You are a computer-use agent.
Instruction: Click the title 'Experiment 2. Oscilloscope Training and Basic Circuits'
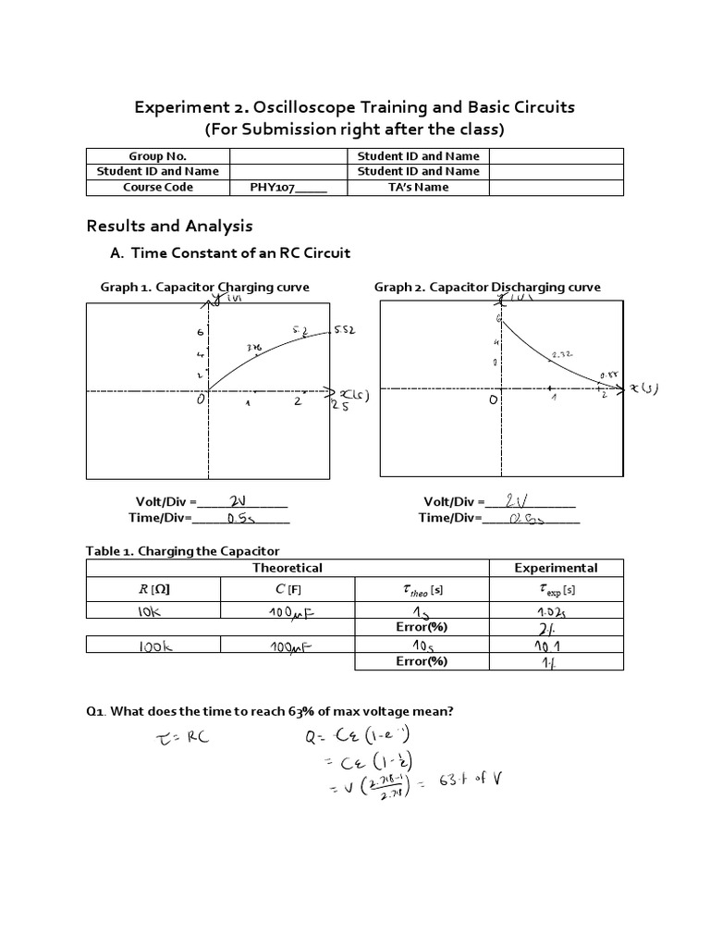(355, 107)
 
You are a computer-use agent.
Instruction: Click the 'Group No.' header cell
(157, 155)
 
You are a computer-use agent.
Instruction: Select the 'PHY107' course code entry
(288, 187)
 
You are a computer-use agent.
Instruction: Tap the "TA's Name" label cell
(418, 187)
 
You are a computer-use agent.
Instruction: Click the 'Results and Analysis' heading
(169, 226)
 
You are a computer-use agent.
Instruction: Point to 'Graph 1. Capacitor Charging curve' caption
(204, 287)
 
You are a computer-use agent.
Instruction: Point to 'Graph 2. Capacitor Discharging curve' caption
(487, 287)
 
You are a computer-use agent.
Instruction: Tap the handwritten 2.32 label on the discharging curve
(562, 354)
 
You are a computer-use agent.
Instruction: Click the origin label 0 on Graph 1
(199, 400)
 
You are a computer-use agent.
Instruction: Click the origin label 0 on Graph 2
(494, 400)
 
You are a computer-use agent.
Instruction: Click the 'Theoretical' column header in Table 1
(288, 568)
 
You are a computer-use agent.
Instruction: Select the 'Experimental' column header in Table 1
(556, 568)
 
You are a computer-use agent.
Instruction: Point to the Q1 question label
(97, 710)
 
